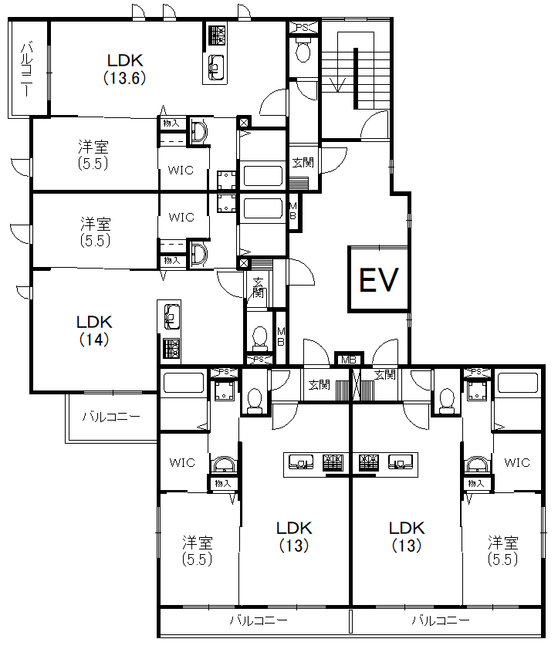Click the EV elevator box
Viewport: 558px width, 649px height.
point(379,279)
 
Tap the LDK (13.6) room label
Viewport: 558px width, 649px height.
point(125,69)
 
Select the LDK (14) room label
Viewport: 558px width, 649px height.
point(94,331)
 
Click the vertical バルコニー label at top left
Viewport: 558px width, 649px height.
point(26,69)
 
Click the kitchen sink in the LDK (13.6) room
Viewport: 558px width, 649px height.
point(215,67)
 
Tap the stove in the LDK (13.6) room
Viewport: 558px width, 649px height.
point(217,35)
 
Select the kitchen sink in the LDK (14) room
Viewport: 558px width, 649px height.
point(171,317)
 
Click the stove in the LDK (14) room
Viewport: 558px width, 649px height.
point(171,348)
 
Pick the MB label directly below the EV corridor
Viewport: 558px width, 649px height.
point(349,360)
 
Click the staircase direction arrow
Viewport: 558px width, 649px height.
point(338,84)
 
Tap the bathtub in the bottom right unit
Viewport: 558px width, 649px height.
point(517,383)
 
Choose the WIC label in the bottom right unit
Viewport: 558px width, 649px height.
point(517,462)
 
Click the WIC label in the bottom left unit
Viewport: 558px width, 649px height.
point(182,462)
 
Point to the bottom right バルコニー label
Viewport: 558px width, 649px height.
point(441,620)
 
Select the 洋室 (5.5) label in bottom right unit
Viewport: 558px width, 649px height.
point(503,550)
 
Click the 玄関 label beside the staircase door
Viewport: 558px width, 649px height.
point(303,162)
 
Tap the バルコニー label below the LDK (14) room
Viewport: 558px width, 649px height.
point(111,417)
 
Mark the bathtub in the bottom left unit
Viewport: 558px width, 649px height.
point(184,383)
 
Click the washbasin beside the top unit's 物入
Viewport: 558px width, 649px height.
point(198,131)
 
